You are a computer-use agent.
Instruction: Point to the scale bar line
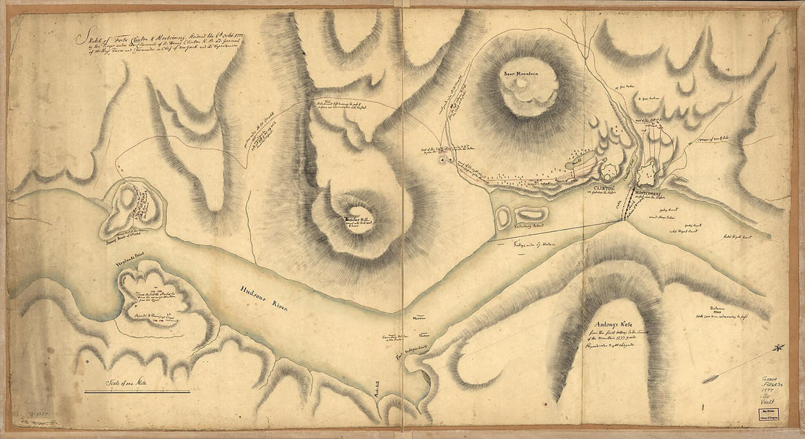click(137, 392)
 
